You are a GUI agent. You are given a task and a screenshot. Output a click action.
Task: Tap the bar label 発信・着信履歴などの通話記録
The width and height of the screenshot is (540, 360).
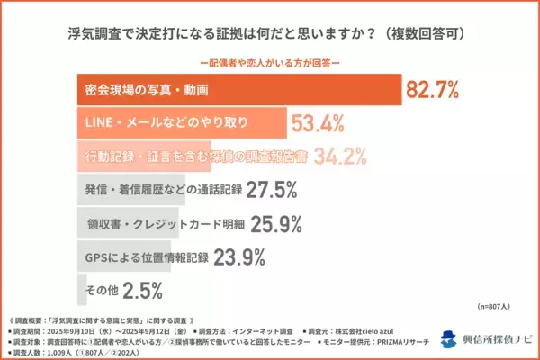tap(149, 191)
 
